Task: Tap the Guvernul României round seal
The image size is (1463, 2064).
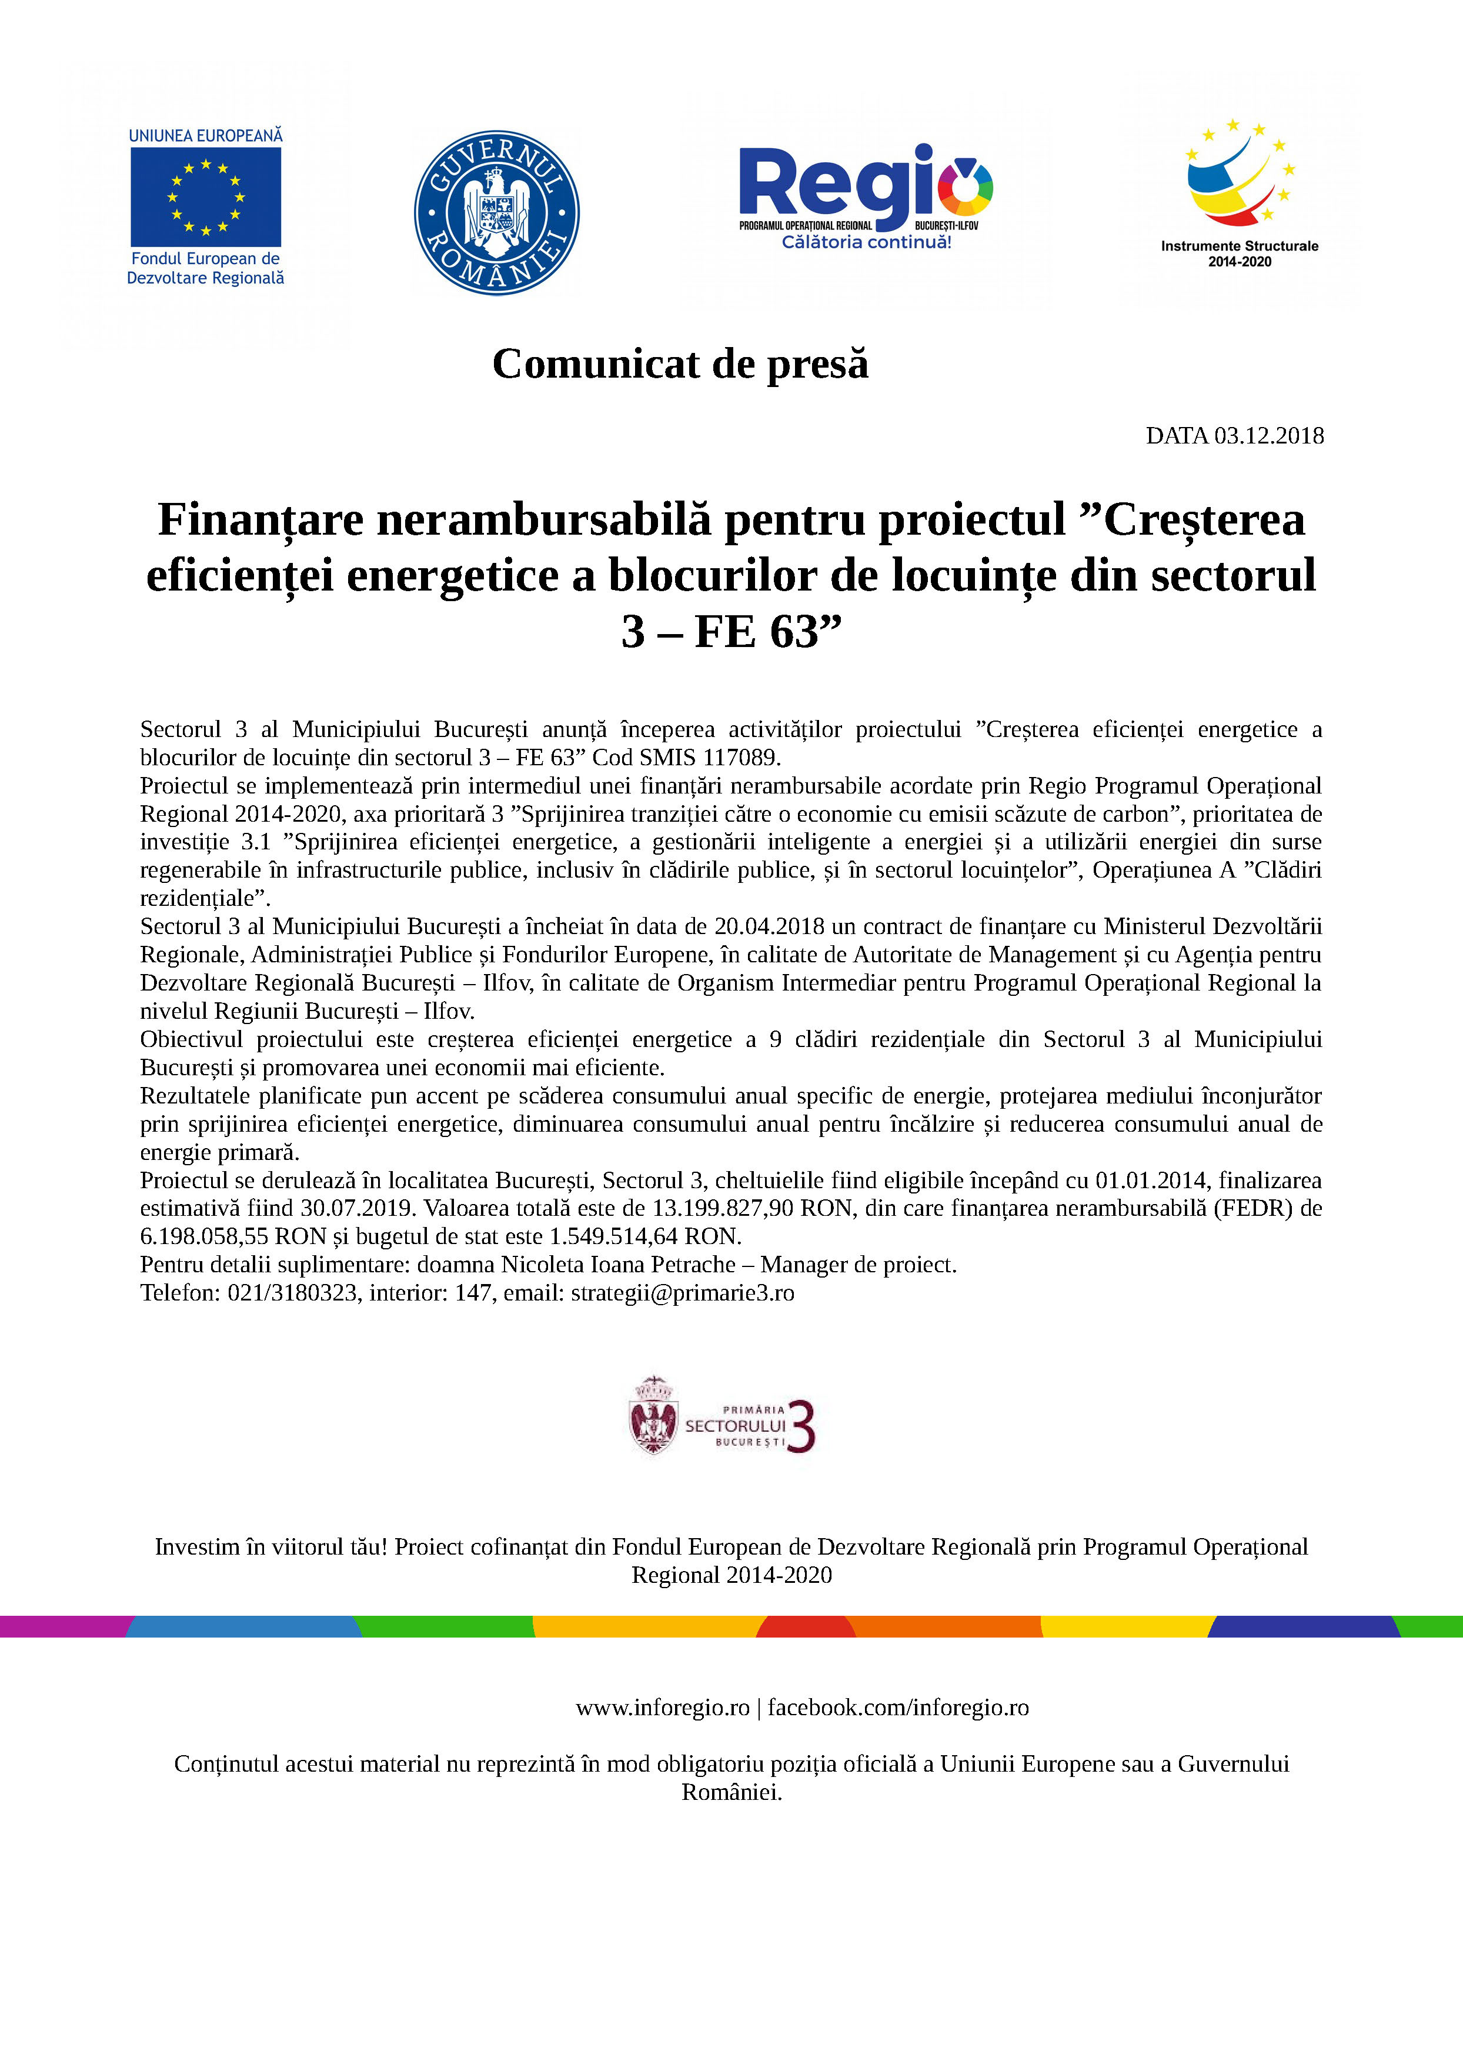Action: [x=496, y=212]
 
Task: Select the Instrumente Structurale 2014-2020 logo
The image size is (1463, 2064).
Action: [x=1239, y=194]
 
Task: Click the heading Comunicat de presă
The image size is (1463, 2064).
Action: [x=680, y=364]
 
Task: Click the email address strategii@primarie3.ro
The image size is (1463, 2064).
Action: [x=682, y=1293]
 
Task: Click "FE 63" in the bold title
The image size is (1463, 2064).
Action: [x=756, y=632]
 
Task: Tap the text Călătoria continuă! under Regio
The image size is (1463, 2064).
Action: [x=866, y=242]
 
